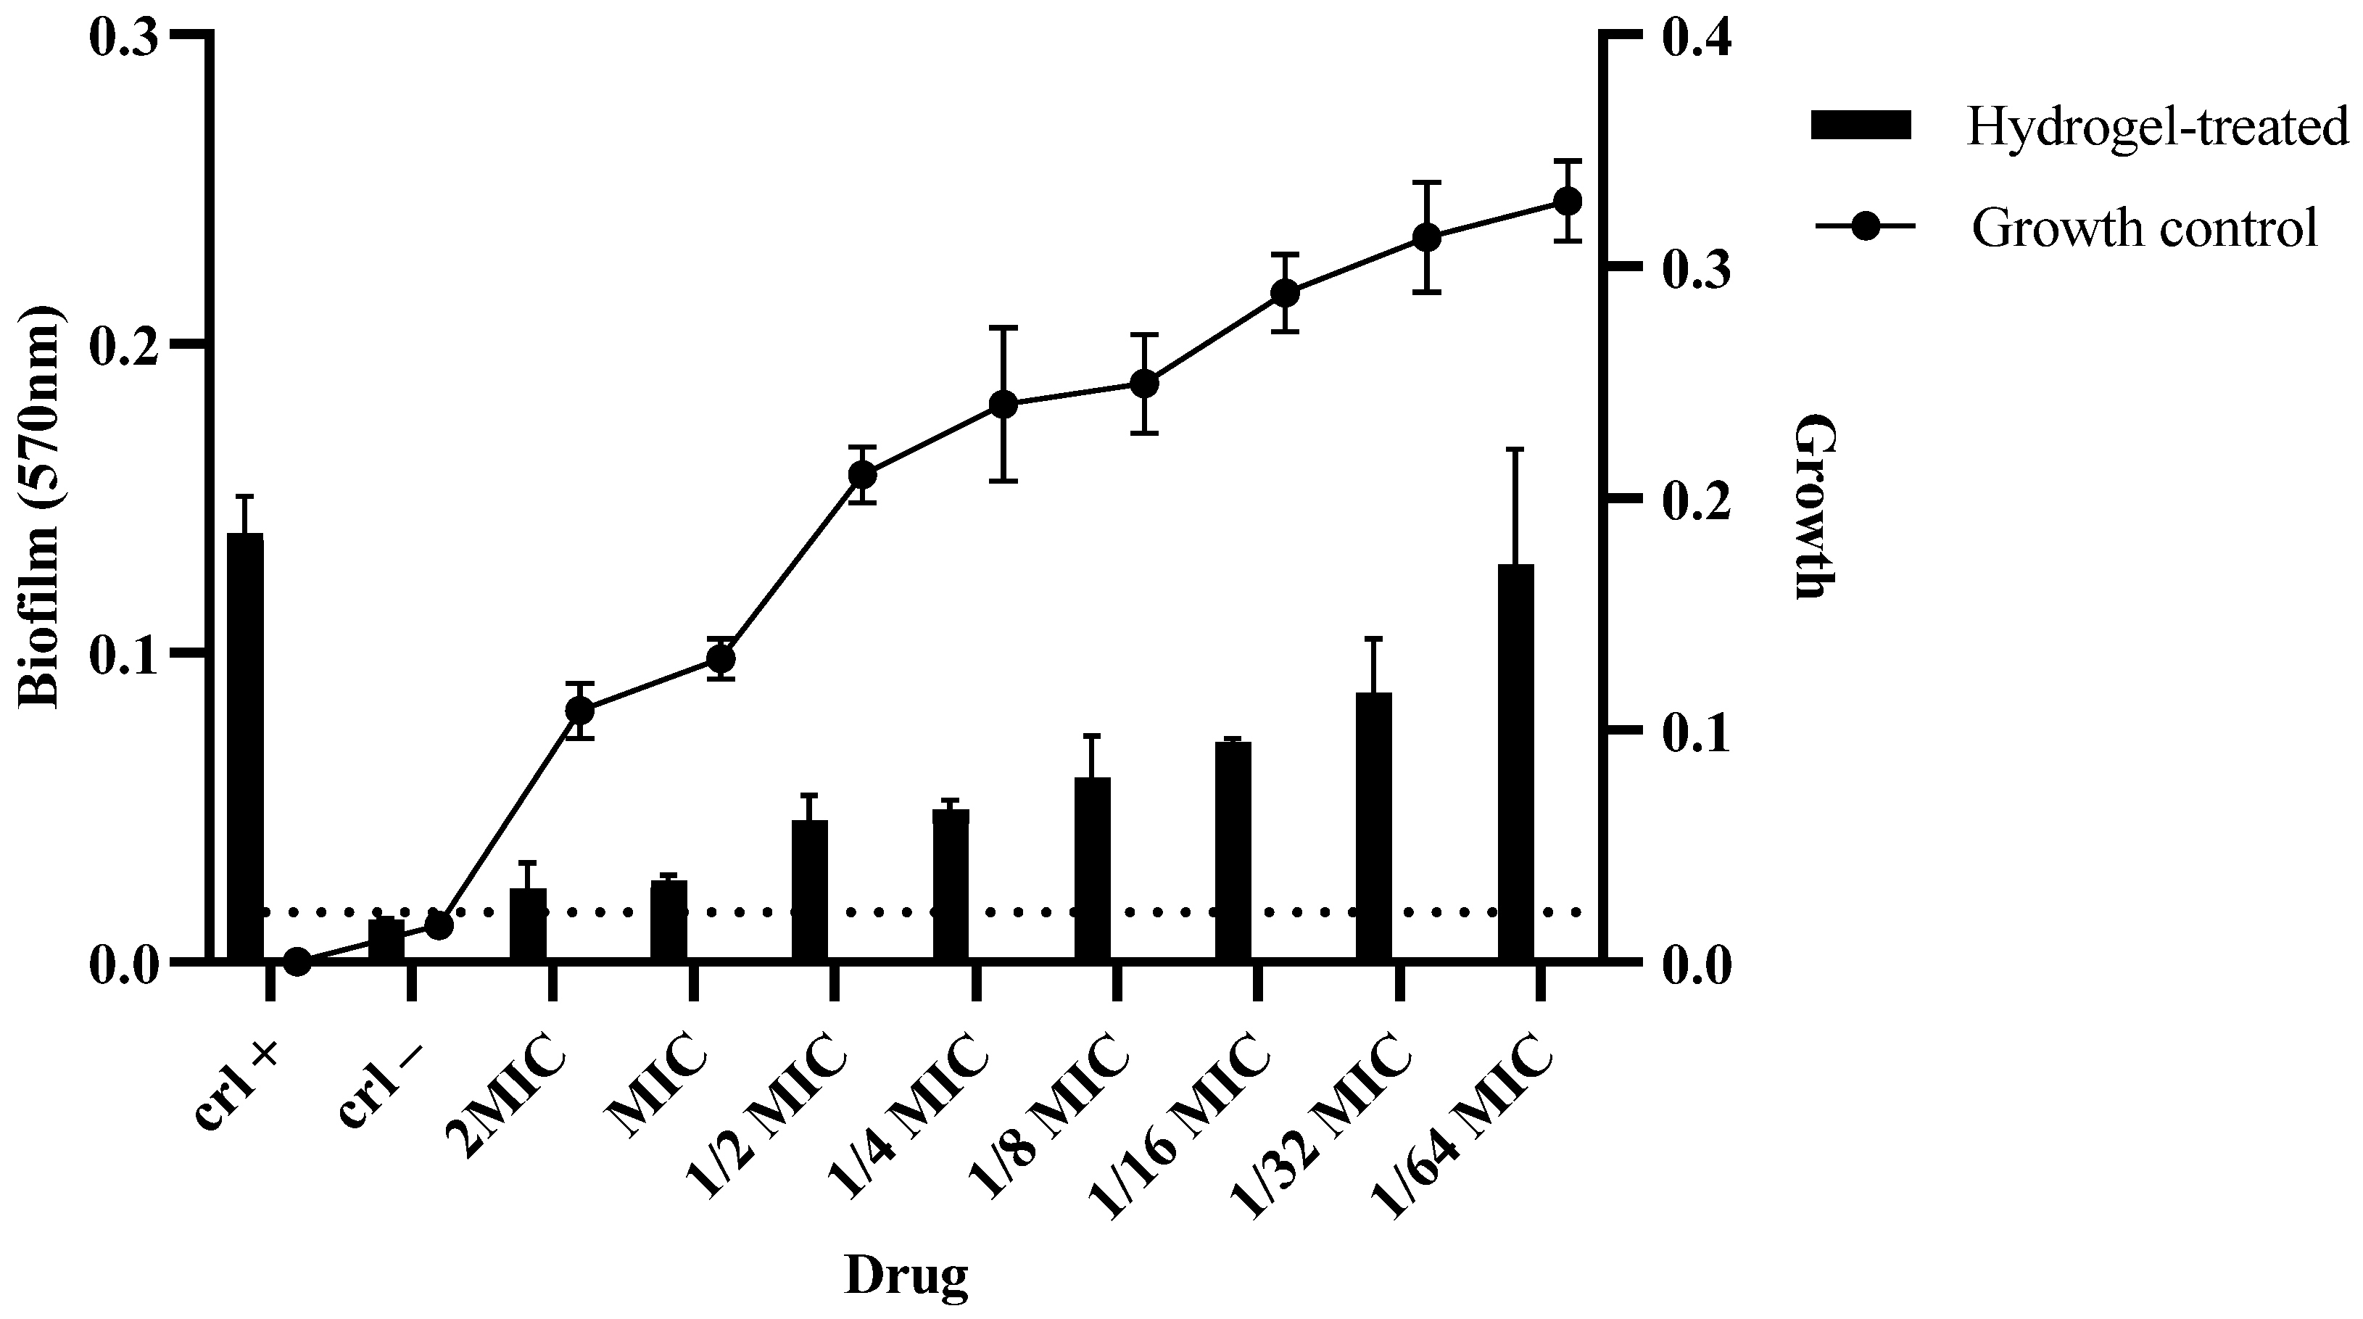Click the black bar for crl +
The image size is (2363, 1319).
(x=245, y=748)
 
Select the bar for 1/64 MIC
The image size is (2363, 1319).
(x=1515, y=763)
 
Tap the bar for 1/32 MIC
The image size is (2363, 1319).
(x=1374, y=827)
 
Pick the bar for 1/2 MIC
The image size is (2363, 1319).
(x=810, y=890)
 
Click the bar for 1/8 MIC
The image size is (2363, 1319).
(x=1093, y=869)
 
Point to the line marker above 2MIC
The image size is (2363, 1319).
(x=580, y=711)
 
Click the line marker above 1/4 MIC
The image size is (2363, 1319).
(x=1003, y=405)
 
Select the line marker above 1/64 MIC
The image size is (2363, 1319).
(x=1568, y=202)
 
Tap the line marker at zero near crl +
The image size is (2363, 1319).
(x=297, y=962)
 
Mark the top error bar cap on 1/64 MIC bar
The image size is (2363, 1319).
(x=1515, y=450)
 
